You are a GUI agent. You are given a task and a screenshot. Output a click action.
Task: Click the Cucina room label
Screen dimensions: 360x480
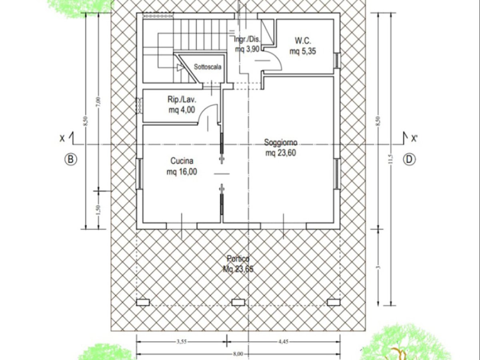coord(182,162)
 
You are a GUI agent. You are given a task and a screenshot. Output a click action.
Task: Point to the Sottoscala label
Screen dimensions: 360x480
coord(208,67)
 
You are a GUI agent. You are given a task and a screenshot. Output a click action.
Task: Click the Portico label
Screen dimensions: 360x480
coord(238,259)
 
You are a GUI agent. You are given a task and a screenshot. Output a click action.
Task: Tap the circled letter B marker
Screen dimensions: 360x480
coord(70,159)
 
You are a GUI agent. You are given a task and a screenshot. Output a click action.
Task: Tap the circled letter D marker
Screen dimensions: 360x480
coord(409,159)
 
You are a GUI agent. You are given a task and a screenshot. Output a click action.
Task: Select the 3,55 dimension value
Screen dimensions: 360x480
coord(182,342)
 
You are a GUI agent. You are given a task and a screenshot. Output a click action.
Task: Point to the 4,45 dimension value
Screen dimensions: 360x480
coord(284,342)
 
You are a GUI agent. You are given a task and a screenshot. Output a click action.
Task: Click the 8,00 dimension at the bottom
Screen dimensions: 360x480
coord(238,354)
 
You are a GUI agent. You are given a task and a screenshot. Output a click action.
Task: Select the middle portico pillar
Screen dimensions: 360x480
coord(238,302)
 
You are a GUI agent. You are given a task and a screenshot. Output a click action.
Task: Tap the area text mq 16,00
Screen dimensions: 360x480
coord(182,172)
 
